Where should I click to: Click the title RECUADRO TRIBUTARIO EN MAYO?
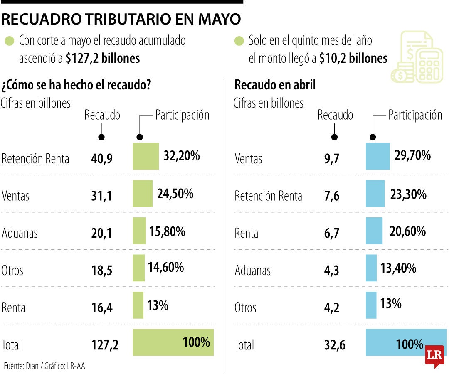pyautogui.click(x=121, y=19)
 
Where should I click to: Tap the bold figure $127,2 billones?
pyautogui.click(x=103, y=59)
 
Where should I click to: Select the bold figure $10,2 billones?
pyautogui.click(x=353, y=59)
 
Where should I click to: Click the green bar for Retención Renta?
pyautogui.click(x=146, y=156)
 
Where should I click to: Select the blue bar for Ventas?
pyautogui.click(x=377, y=156)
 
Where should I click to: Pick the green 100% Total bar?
pyautogui.click(x=173, y=342)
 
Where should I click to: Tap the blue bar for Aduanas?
pyautogui.click(x=371, y=268)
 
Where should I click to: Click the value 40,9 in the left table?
pyautogui.click(x=101, y=158)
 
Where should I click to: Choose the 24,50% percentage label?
pyautogui.click(x=175, y=194)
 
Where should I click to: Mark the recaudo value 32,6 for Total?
pyautogui.click(x=335, y=345)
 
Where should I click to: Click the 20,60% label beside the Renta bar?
pyautogui.click(x=407, y=231)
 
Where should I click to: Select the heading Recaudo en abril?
pyautogui.click(x=275, y=85)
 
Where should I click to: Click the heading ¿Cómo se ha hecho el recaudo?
pyautogui.click(x=76, y=85)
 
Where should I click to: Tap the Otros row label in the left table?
pyautogui.click(x=12, y=271)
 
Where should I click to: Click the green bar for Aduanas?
pyautogui.click(x=139, y=231)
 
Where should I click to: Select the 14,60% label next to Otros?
pyautogui.click(x=165, y=267)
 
